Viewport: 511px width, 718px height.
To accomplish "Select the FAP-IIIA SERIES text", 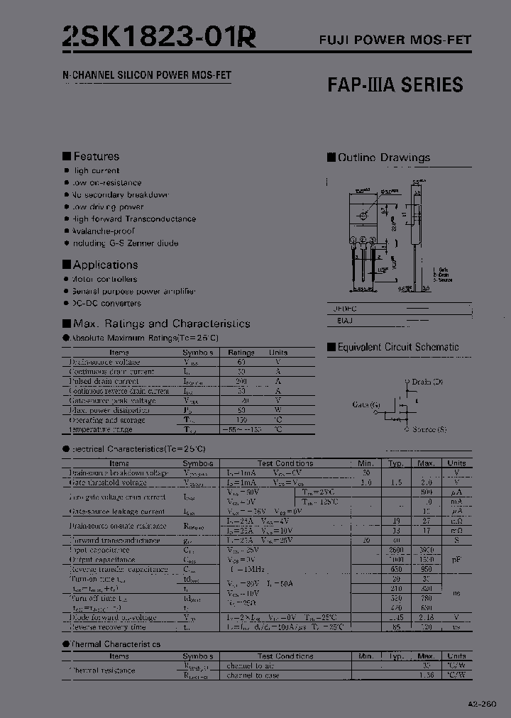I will click(395, 85).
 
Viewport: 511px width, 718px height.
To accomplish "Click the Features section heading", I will click(96, 156).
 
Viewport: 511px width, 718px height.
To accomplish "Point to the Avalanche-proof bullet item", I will click(103, 231).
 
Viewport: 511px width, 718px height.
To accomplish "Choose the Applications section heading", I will click(105, 265).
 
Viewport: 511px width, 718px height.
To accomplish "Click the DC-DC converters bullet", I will click(106, 303).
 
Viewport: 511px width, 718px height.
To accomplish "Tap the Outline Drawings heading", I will click(383, 158).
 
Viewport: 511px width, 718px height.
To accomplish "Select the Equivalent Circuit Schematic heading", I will click(397, 347).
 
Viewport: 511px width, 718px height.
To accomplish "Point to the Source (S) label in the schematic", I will click(429, 429).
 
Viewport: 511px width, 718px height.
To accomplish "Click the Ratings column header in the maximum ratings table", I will click(241, 353).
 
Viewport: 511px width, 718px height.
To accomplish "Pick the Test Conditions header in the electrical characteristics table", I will click(285, 463).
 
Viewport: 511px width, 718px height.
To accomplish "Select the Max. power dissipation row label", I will click(110, 410).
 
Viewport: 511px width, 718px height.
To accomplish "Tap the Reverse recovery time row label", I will click(107, 626).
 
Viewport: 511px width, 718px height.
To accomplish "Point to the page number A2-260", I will click(483, 704).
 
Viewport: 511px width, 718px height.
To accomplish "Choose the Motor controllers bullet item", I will click(104, 279).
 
